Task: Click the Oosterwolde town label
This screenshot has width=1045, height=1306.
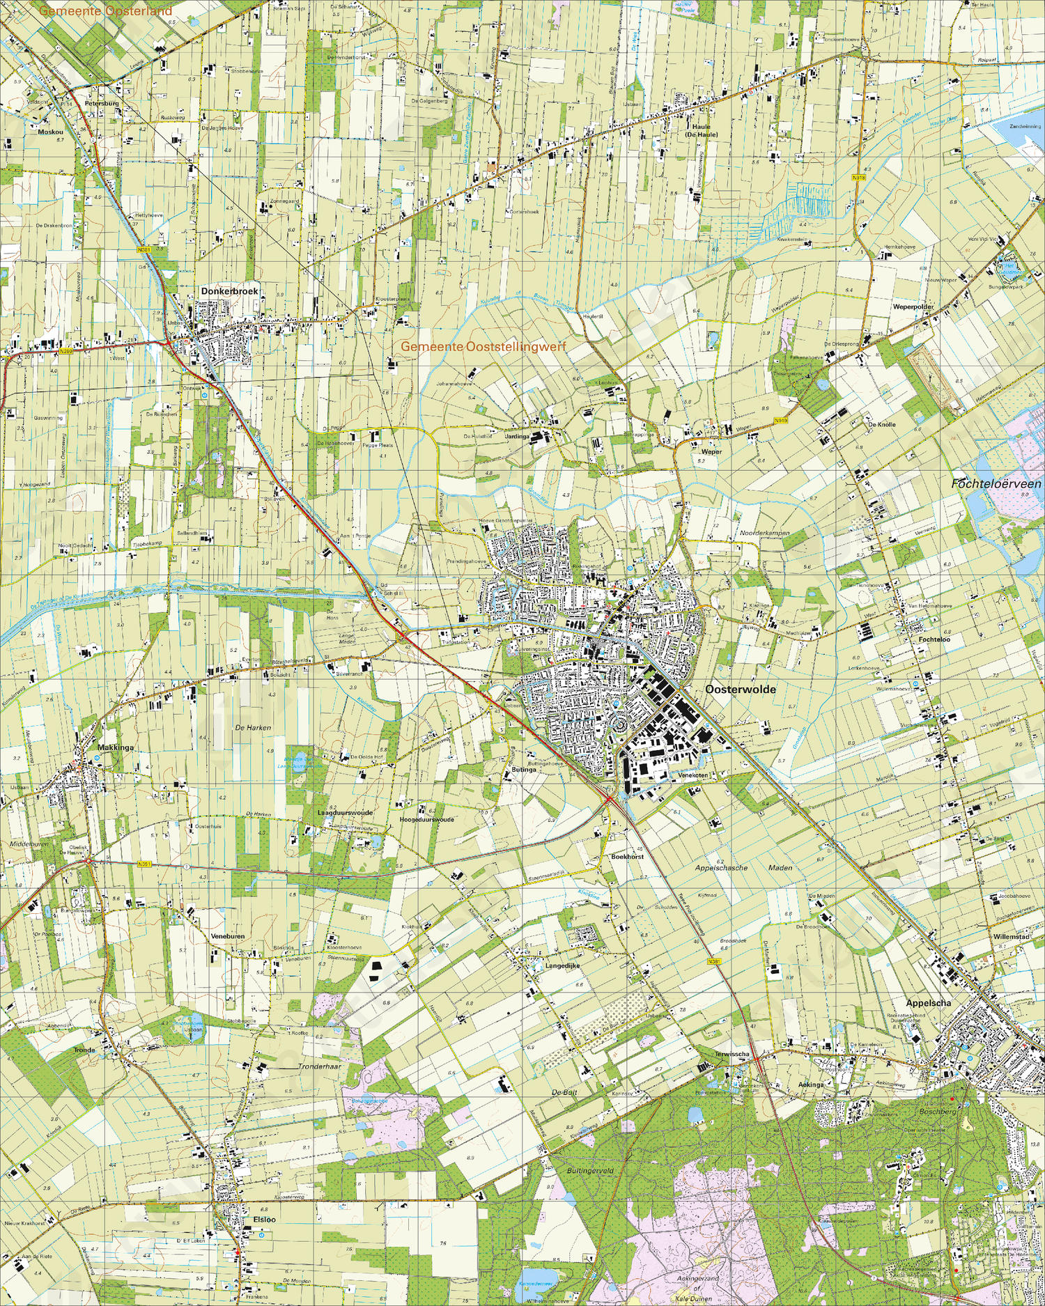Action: click(740, 690)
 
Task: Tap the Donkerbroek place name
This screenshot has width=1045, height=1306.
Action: click(229, 291)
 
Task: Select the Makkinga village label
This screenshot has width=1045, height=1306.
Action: click(116, 747)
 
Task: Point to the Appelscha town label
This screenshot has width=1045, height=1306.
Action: click(928, 1003)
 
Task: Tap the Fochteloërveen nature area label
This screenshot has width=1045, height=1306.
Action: click(996, 483)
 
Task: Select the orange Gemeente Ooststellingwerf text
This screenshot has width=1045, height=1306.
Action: click(483, 346)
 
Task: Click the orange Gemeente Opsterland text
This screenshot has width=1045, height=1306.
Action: click(105, 11)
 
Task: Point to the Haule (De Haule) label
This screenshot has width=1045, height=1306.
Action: click(701, 131)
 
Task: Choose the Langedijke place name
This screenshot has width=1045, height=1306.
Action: click(562, 965)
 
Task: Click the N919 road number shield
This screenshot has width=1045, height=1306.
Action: click(780, 421)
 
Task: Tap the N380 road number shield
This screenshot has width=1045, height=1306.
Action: click(65, 351)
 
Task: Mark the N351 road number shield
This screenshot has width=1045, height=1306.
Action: click(144, 864)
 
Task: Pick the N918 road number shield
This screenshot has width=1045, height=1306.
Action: click(859, 178)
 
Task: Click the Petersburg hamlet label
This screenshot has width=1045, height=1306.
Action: click(102, 103)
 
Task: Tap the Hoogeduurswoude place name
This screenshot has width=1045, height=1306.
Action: click(426, 820)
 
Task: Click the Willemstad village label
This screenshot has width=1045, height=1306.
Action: click(1012, 937)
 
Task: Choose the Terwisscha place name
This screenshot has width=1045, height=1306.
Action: click(732, 1054)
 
